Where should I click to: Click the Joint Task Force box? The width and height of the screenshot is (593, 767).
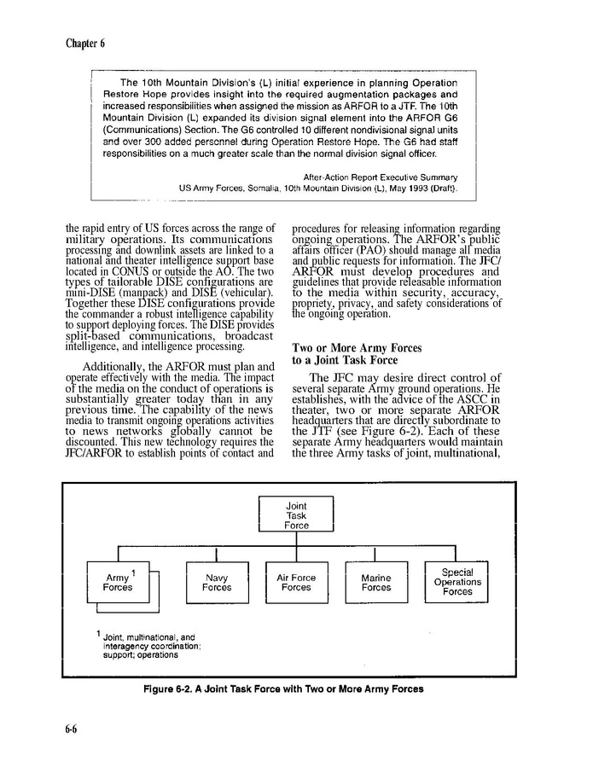(296, 515)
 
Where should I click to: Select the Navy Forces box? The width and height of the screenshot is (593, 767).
(217, 583)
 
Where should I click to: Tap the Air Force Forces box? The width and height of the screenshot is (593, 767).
(296, 583)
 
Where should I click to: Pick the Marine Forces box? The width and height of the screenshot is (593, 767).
(375, 583)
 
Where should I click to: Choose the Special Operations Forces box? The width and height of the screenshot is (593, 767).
(457, 582)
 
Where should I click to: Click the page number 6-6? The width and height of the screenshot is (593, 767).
(74, 728)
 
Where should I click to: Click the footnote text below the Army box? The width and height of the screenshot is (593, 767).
(149, 646)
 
